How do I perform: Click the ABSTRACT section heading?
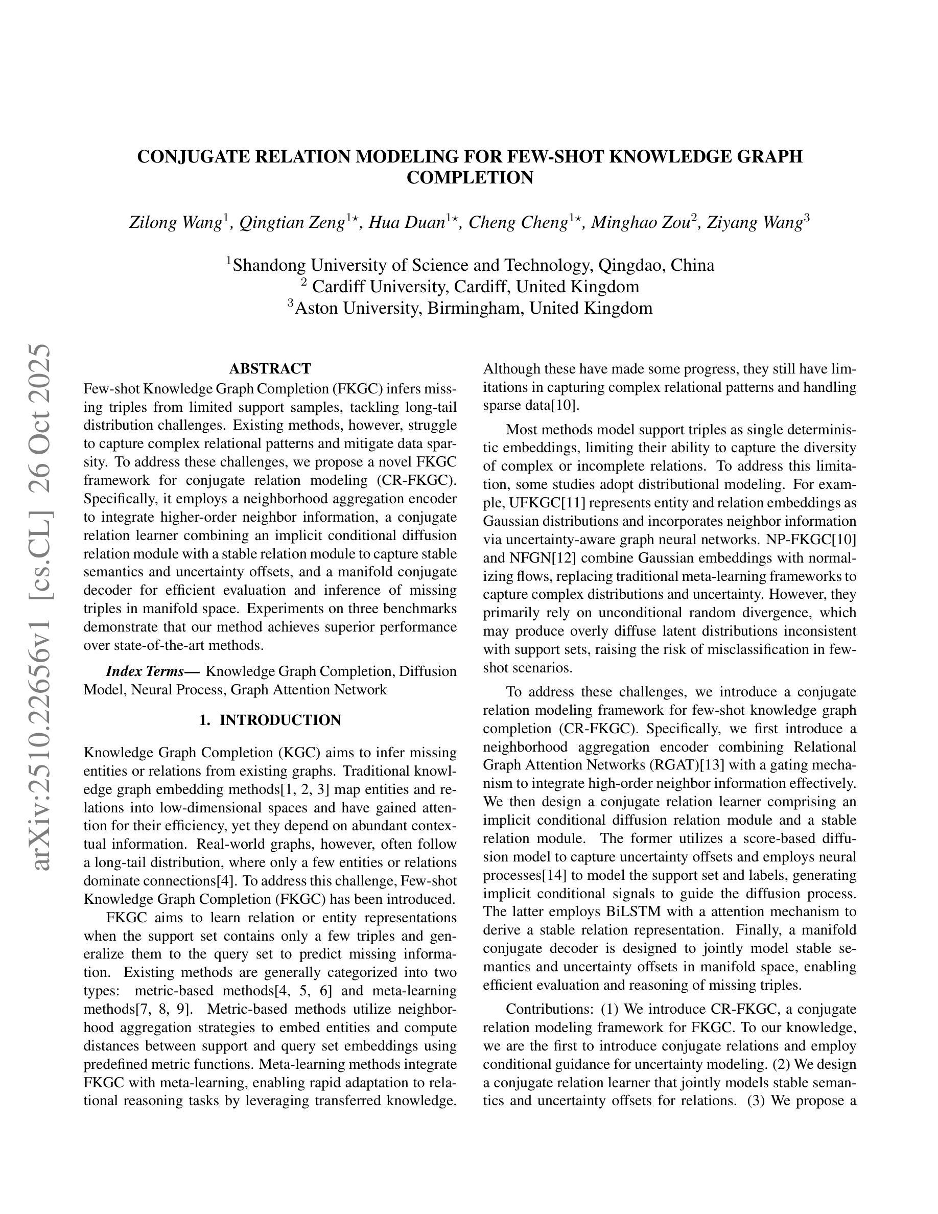pyautogui.click(x=270, y=368)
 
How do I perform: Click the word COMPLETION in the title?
pyautogui.click(x=470, y=178)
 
